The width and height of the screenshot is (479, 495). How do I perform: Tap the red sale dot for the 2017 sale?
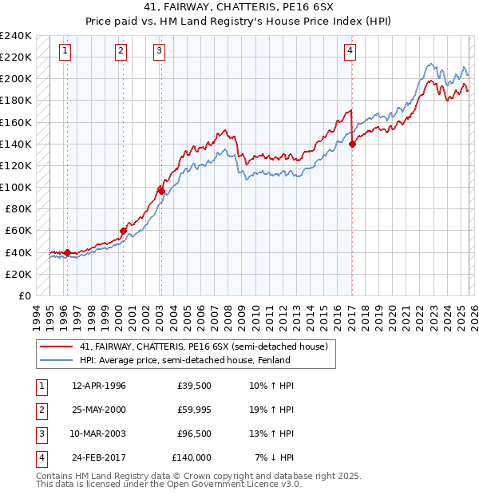353,144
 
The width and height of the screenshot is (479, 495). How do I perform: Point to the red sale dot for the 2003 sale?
161,191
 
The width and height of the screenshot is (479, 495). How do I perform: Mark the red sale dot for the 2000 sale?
123,231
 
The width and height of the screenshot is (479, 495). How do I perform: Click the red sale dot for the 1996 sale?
67,253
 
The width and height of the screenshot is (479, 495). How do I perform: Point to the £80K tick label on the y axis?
18,209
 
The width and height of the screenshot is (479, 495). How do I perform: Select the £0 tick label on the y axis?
24,295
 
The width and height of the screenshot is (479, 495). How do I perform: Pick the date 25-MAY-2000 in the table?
99,410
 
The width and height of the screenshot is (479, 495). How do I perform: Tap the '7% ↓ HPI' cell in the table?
275,457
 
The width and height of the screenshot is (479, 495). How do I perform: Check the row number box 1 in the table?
40,386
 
